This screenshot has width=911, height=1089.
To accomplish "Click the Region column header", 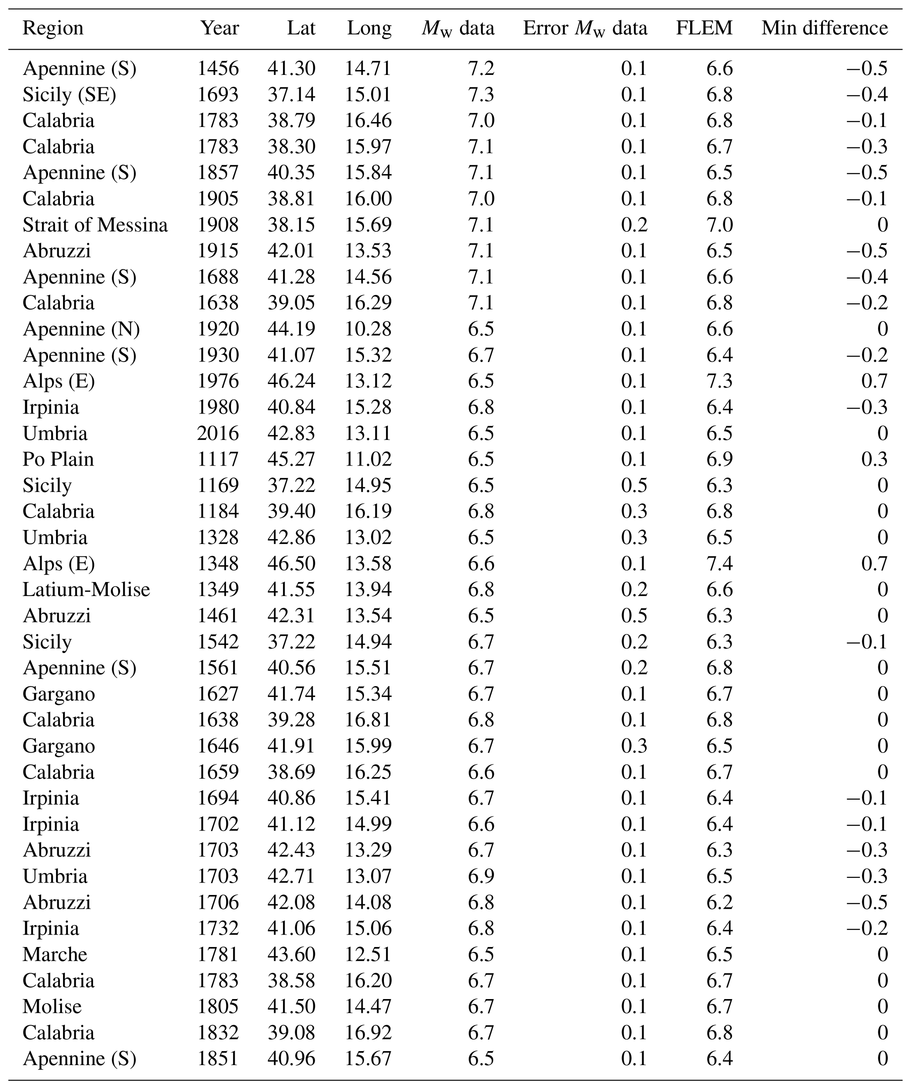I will point(53,28).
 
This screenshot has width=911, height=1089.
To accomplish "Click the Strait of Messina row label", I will point(95,225).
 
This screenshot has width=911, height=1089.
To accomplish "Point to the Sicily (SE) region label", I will point(69,95).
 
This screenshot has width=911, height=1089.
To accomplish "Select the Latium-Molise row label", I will point(86,589).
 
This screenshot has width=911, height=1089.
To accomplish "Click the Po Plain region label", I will point(58,459).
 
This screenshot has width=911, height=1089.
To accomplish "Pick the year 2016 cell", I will point(218,433).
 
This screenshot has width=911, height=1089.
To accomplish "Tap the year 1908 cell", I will point(218,225).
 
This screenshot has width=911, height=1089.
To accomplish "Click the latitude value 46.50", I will point(291,564).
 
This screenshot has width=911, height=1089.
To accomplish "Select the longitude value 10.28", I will point(368,329).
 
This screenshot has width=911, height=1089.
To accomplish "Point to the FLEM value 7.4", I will point(719,564).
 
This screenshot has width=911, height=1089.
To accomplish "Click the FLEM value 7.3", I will point(719,381).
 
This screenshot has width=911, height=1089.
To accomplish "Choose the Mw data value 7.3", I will point(481,95).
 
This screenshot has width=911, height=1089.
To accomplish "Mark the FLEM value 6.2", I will point(719,903).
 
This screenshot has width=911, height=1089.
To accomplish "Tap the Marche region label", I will point(55,954).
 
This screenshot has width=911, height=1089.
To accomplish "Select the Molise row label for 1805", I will point(52,1007).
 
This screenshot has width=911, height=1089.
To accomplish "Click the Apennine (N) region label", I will point(81,329).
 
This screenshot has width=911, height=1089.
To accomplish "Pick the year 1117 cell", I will point(218,459).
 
